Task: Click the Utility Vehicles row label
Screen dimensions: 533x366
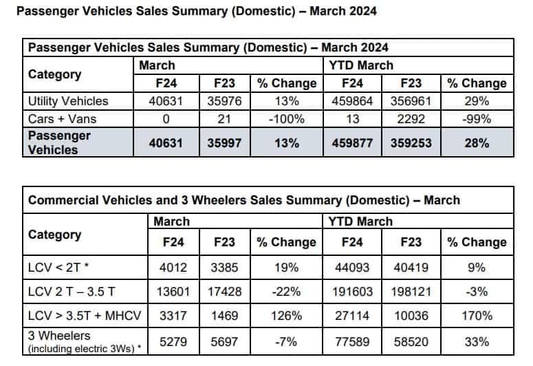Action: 68,101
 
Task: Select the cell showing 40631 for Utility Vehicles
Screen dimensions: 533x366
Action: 166,101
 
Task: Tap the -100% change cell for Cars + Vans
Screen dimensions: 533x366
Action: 287,119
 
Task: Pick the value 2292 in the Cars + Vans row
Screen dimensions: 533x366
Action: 411,119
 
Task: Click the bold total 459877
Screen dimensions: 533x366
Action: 352,143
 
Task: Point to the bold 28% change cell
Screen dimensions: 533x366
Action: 477,143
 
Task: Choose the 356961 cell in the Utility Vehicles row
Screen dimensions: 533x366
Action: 411,101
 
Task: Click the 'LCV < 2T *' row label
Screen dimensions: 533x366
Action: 58,268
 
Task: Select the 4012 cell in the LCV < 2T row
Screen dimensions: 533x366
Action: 173,268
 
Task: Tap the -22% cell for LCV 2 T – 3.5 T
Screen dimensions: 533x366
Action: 287,292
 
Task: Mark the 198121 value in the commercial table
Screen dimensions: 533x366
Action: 411,292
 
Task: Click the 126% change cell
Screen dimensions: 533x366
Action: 287,316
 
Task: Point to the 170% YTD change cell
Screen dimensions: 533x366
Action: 477,316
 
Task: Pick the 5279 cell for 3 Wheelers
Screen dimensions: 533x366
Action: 173,341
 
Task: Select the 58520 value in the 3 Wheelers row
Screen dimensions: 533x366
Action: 411,341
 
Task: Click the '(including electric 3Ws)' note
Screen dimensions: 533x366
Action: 82,349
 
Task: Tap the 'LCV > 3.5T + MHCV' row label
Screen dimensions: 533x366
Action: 85,316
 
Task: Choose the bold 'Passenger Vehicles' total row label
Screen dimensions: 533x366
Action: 59,142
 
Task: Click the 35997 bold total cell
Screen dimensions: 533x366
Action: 224,143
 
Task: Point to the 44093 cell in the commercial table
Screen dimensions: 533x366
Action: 352,268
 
